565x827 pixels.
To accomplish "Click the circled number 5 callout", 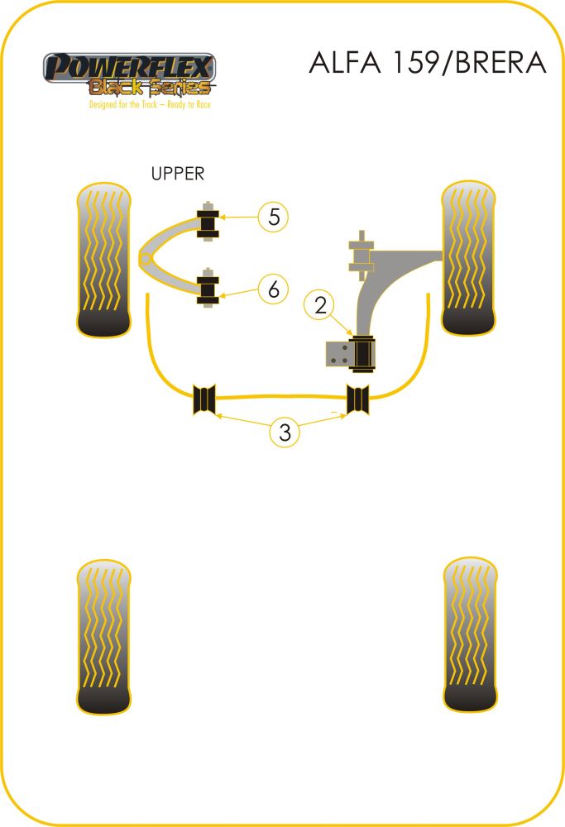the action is coord(273,217).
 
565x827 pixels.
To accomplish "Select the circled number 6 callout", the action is coord(273,289).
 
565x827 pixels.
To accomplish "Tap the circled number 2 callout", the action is coord(319,305).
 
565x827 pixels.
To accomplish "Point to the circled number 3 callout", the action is coord(285,433).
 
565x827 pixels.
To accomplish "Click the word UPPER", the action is coord(177,174).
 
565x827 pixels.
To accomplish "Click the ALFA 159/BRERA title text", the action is coord(428,63).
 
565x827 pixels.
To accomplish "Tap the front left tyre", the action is coord(103,260).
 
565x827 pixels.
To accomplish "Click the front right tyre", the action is coord(468,258).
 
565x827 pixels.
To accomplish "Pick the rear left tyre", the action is coord(103,637).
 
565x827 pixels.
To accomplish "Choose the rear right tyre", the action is coord(470,634).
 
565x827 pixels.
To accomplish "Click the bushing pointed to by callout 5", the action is coord(208,222).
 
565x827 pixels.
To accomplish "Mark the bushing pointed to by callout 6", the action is coord(208,288).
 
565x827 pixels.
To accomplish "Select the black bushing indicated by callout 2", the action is coord(363,353).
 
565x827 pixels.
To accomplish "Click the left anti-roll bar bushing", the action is coord(204,399).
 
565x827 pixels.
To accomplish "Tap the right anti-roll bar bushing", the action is coord(357,399).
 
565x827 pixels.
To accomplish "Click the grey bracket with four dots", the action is coord(338,354).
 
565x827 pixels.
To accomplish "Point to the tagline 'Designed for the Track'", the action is coord(150,104).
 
